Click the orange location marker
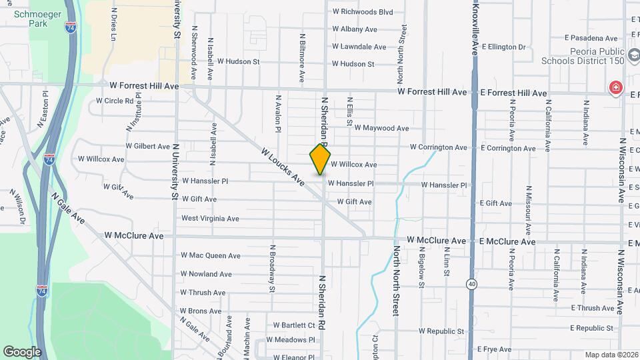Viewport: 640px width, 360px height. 321,159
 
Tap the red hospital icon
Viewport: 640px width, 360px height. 615,88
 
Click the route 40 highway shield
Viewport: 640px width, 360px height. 472,283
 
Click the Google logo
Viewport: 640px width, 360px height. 22,351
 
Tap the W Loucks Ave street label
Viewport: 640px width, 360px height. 283,167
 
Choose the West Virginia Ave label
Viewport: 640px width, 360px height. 210,218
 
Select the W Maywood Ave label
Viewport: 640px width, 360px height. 381,128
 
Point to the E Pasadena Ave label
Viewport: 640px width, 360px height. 590,39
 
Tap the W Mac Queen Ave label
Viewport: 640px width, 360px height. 210,255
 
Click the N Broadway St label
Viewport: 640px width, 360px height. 272,268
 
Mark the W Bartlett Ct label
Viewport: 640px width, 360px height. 293,325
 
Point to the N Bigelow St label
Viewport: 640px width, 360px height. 421,267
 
